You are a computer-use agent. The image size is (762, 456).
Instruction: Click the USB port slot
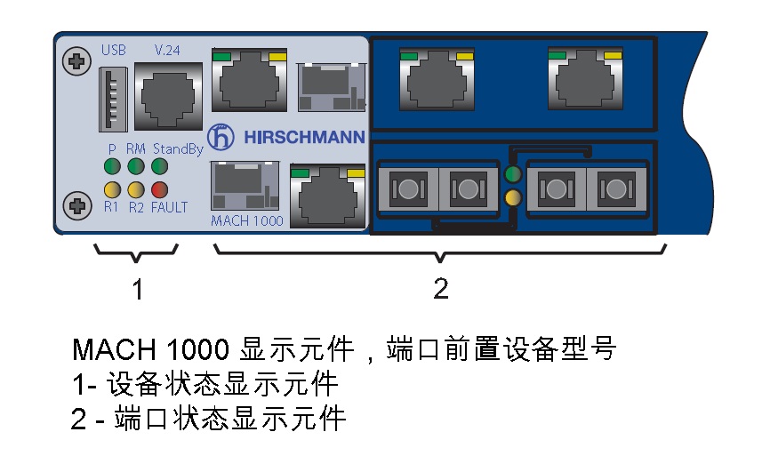[x=113, y=99]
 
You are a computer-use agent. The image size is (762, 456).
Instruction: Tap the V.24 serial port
[x=168, y=96]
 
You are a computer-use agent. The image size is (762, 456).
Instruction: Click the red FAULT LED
[x=159, y=189]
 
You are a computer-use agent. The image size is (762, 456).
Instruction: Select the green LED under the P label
[x=112, y=166]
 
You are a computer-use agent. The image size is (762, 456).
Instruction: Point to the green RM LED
[x=135, y=166]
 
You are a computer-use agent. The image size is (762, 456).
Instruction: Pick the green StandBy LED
[x=159, y=166]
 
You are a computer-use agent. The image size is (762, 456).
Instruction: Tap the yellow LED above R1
[x=112, y=189]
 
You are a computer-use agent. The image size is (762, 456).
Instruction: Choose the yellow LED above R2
[x=135, y=189]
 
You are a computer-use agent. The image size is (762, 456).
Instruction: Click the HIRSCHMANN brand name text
[x=304, y=138]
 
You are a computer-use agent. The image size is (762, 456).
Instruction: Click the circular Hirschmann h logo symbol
[x=221, y=137]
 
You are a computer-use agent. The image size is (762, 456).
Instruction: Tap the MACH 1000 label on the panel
[x=247, y=221]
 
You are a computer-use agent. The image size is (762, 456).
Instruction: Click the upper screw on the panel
[x=76, y=61]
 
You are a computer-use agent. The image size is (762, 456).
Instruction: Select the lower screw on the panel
[x=76, y=205]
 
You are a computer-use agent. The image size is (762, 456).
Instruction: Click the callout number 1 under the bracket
[x=138, y=290]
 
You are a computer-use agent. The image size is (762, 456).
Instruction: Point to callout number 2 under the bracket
[x=441, y=289]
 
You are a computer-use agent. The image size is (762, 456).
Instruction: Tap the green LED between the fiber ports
[x=513, y=173]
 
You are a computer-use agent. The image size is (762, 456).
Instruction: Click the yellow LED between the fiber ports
[x=513, y=197]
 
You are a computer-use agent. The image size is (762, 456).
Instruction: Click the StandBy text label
[x=178, y=149]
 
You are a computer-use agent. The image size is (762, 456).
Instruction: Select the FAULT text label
[x=169, y=207]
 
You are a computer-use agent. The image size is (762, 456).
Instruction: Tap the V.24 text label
[x=167, y=50]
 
